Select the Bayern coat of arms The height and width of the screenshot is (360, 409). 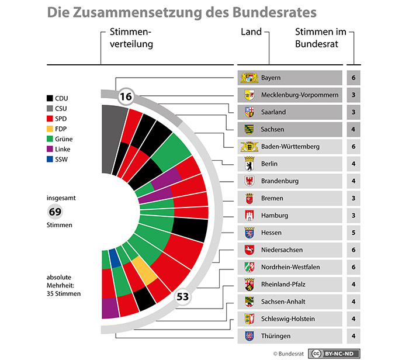coord(249,78)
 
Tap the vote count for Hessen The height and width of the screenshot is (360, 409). coord(353,233)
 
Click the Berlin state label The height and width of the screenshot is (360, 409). coord(271,164)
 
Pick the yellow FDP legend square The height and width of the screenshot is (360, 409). coord(51,128)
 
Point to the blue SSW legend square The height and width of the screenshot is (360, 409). coord(51,158)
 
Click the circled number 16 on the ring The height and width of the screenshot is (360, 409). coord(126,96)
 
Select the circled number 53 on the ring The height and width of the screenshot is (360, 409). coord(183,297)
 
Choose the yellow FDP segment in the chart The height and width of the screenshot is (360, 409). coord(144,269)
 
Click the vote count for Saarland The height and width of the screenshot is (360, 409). coord(353,112)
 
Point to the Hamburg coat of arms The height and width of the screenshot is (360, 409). coord(249,216)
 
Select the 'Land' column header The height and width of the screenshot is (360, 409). coord(251,32)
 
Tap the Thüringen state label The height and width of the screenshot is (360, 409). coord(276,336)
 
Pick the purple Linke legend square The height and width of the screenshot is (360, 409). coord(51,148)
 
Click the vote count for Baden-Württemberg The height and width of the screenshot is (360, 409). coord(353,147)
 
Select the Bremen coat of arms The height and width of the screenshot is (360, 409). coord(249,198)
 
